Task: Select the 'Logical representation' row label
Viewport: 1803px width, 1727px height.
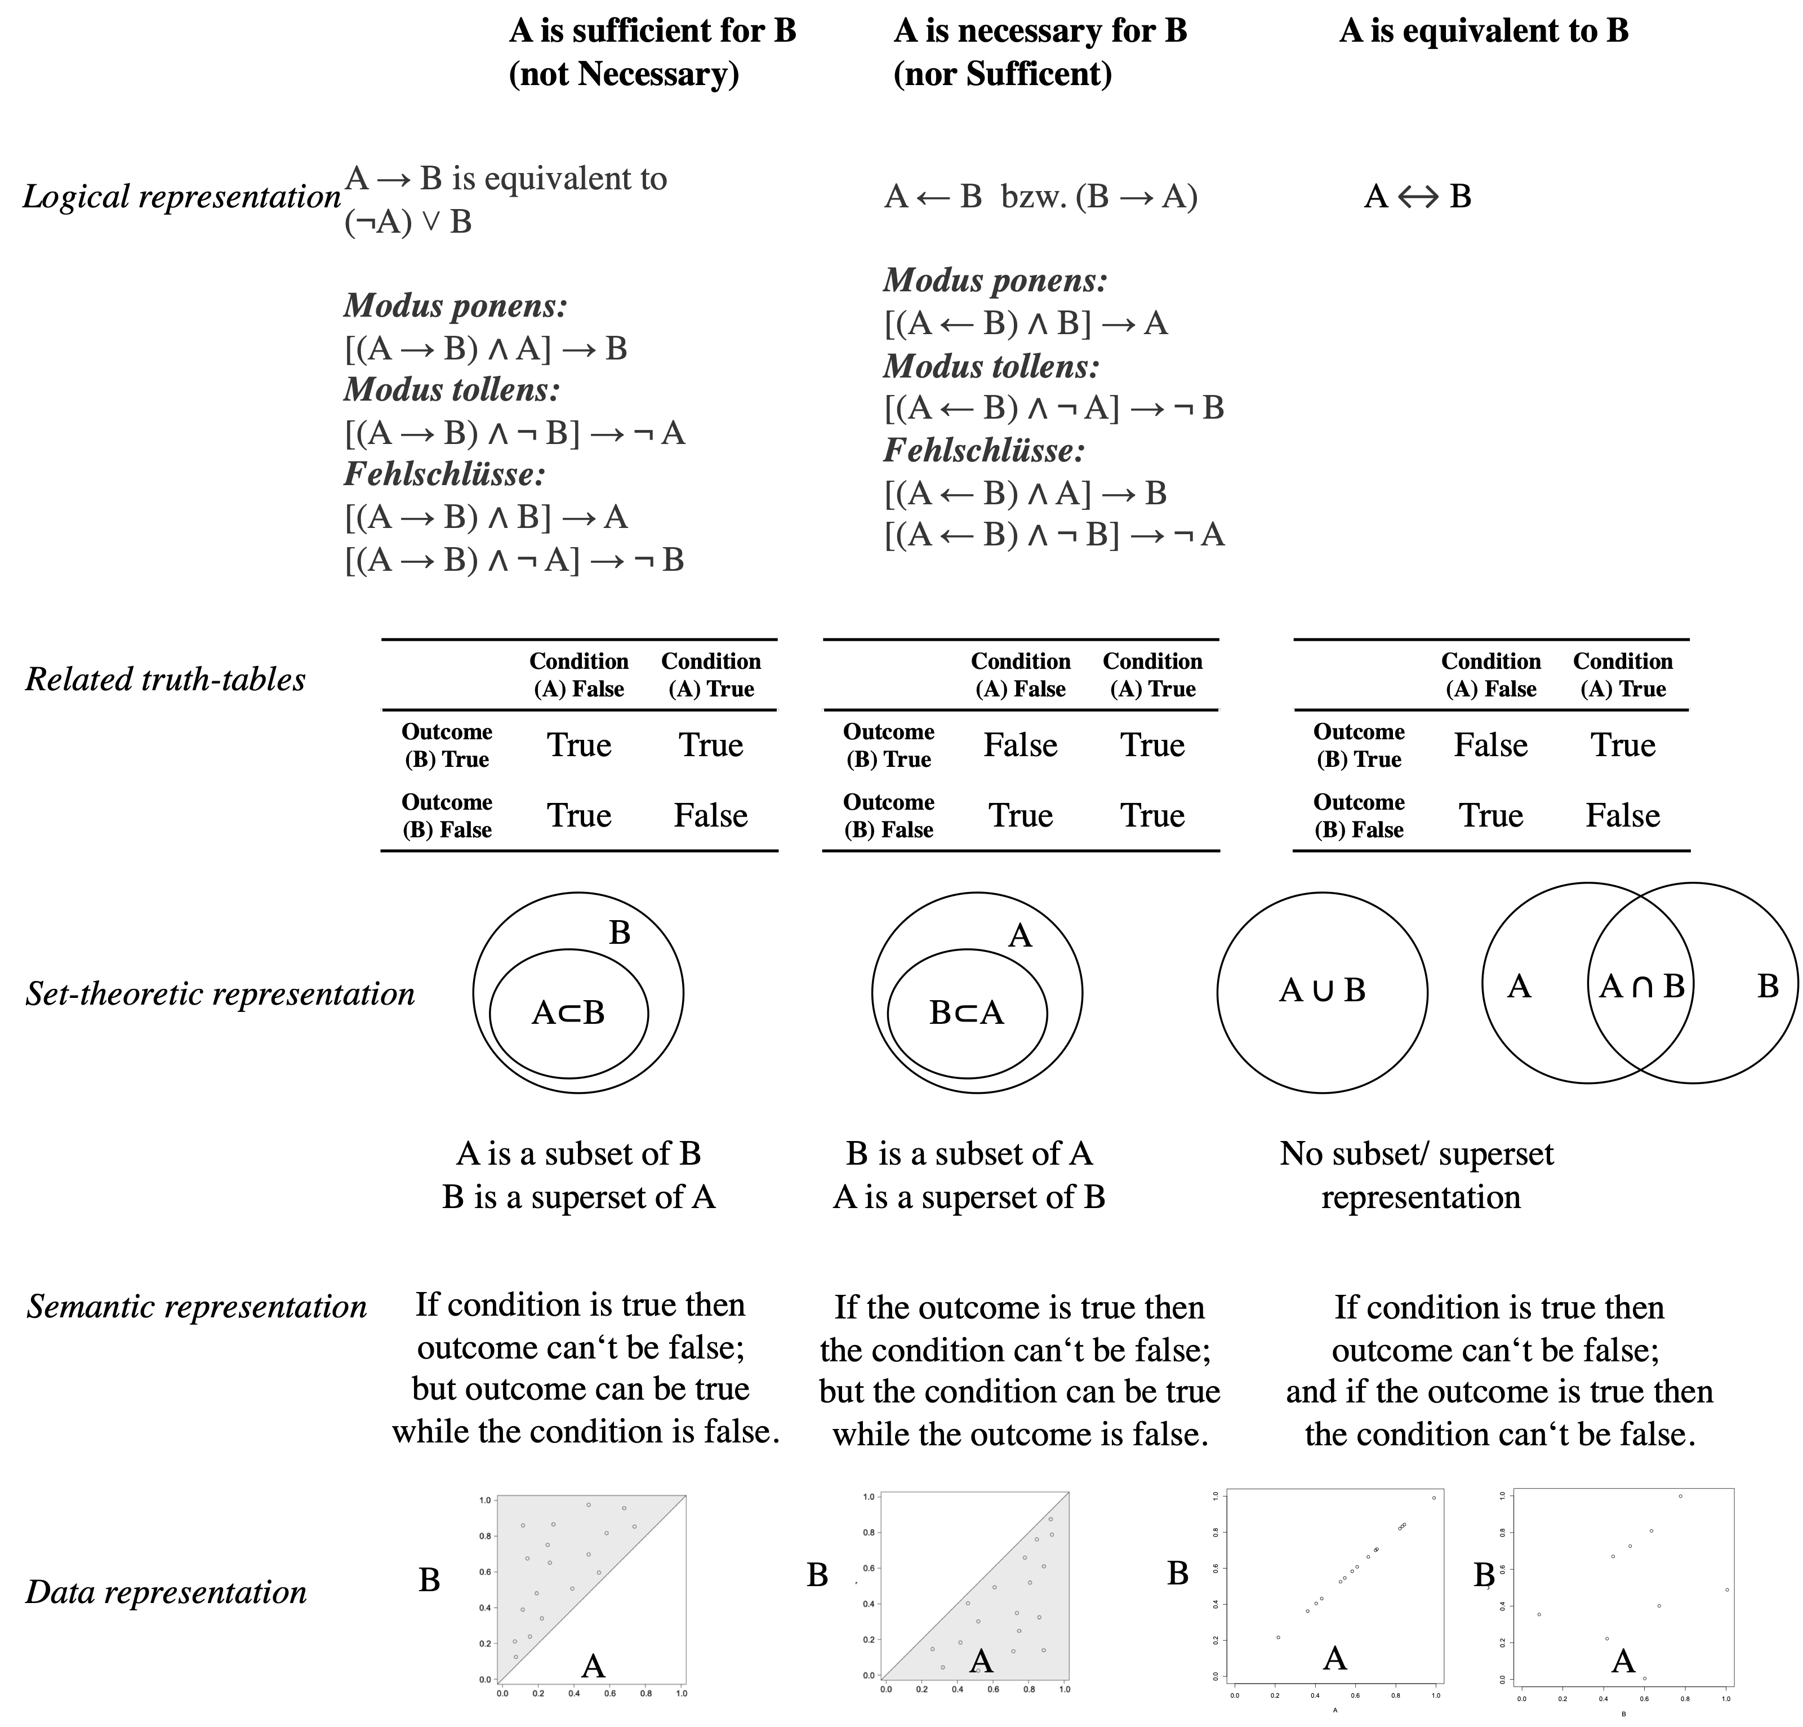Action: [x=181, y=197]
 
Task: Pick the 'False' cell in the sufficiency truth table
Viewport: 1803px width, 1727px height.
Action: [x=710, y=816]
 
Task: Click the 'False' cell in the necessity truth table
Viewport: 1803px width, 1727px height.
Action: [x=1020, y=745]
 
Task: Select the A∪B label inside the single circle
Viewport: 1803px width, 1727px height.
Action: [x=1322, y=990]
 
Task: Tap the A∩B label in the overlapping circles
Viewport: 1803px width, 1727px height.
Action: [x=1642, y=986]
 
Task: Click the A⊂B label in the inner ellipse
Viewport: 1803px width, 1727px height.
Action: [x=568, y=1013]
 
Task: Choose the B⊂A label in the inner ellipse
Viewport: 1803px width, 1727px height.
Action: [x=967, y=1013]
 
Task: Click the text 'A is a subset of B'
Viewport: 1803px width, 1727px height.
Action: [x=578, y=1154]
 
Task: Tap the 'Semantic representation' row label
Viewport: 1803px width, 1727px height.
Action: [x=197, y=1307]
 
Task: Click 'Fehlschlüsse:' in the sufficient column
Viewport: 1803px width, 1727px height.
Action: [x=445, y=475]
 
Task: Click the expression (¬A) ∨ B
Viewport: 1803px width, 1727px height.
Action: [x=408, y=223]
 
